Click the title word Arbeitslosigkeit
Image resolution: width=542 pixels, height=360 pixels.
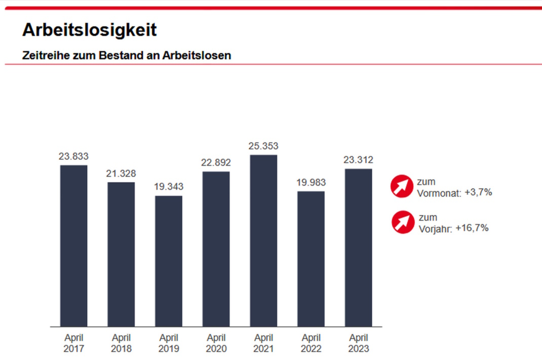click(89, 30)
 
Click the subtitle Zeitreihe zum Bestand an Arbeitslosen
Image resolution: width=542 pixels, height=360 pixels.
click(127, 56)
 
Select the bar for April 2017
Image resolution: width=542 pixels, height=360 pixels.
click(73, 246)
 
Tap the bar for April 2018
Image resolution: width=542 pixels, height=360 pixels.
click(121, 254)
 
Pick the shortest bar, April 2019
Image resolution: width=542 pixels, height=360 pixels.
click(169, 261)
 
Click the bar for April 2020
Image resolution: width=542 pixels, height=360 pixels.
click(216, 249)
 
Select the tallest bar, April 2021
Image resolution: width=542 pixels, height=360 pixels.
click(263, 241)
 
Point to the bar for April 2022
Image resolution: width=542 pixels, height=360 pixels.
click(311, 259)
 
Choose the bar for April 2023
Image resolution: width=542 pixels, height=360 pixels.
click(358, 248)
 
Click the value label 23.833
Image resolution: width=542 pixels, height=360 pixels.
click(73, 157)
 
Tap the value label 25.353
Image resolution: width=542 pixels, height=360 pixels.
click(263, 146)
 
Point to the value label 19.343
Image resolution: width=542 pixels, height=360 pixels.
click(169, 187)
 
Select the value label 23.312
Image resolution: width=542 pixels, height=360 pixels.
click(358, 160)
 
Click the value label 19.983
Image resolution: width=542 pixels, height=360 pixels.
click(311, 182)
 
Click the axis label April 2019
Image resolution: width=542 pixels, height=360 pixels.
click(169, 343)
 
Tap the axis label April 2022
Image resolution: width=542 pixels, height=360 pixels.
click(311, 343)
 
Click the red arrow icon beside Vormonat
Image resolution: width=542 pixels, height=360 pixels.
click(402, 186)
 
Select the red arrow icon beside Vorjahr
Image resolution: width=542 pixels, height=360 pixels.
click(403, 222)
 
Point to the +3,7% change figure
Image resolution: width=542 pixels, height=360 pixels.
click(478, 192)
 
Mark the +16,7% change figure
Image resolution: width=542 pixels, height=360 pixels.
click(472, 228)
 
